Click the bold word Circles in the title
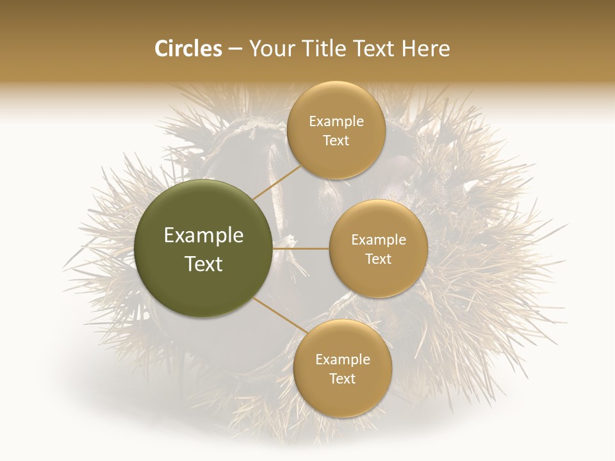click(188, 49)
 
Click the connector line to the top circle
click(275, 182)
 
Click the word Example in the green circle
click(204, 236)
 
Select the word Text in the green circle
click(204, 264)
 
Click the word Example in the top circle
click(336, 122)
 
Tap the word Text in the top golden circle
click(336, 141)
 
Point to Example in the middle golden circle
click(379, 240)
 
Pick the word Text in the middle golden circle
click(379, 259)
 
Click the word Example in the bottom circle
click(342, 360)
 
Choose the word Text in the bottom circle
click(342, 379)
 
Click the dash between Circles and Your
click(235, 49)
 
